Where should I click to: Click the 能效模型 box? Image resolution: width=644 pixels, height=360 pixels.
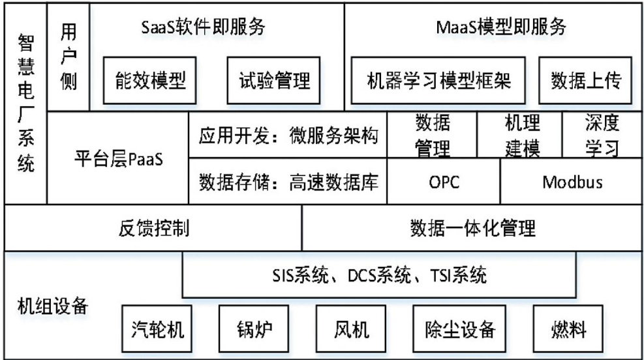point(149,80)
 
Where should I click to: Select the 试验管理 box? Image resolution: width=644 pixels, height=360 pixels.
point(273,80)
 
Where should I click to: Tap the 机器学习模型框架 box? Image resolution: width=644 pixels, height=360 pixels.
point(438,80)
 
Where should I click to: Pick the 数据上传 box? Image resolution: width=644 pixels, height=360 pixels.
point(585,80)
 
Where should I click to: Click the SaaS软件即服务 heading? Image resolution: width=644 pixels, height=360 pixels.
point(204,27)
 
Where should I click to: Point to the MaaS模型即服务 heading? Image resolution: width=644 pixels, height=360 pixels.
point(501,27)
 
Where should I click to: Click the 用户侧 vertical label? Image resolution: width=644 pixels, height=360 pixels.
point(68,56)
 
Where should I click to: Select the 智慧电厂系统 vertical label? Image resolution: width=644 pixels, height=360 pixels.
point(26,102)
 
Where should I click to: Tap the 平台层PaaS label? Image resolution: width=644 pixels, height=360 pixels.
point(119,159)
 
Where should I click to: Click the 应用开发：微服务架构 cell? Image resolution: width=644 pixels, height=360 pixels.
point(288,135)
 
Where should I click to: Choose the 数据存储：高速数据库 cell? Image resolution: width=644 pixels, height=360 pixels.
point(288,181)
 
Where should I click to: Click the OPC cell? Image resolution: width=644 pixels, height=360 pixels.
point(444,181)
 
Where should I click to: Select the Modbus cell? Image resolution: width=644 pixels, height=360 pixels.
point(572,181)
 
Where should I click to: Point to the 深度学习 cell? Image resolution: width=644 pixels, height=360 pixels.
point(602,134)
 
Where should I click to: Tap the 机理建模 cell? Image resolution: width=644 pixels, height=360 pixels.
point(519,134)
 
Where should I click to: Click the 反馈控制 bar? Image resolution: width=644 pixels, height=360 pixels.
point(153,228)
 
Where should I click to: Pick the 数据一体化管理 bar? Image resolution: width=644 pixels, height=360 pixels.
point(472,228)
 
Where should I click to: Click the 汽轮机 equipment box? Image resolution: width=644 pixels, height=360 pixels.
point(157,329)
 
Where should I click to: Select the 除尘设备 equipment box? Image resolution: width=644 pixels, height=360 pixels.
point(459,329)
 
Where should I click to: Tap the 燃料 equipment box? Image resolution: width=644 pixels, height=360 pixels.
point(568,329)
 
